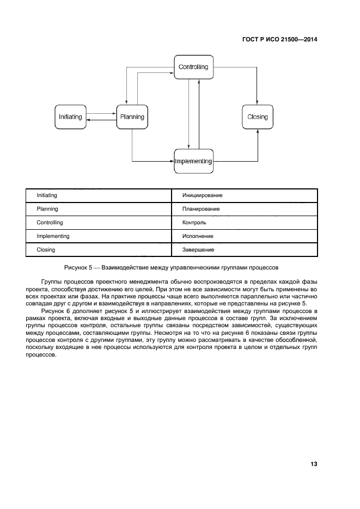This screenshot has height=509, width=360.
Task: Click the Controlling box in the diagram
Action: click(193, 67)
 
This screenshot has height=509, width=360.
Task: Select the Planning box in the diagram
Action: click(132, 116)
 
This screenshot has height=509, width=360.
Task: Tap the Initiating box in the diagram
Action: click(71, 116)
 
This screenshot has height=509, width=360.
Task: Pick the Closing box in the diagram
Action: click(258, 116)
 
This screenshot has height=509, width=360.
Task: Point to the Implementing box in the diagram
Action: click(193, 161)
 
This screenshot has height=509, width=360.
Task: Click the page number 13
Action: click(314, 464)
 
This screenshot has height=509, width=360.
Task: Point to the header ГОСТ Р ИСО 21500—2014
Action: click(280, 39)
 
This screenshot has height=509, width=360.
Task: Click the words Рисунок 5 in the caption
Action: click(78, 268)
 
